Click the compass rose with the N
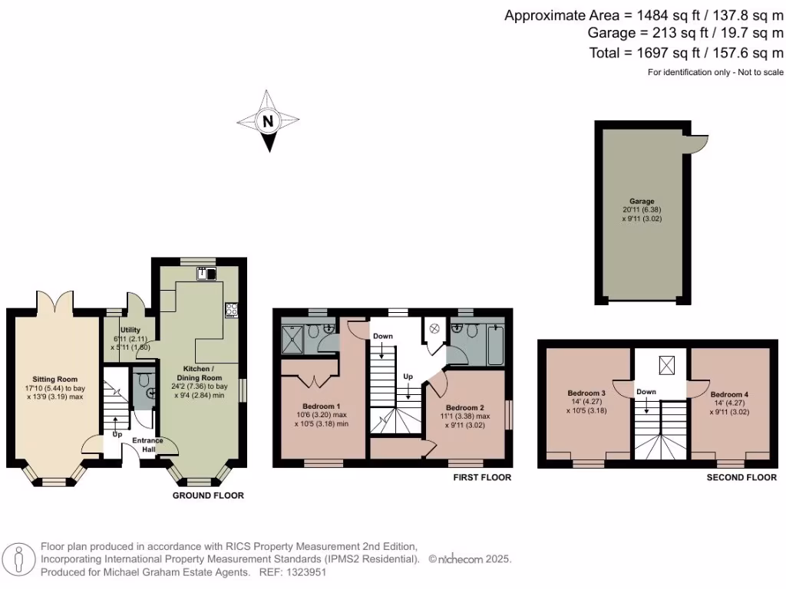click(x=267, y=121)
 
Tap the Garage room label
click(x=642, y=201)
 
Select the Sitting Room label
click(x=54, y=379)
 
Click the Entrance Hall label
click(x=147, y=444)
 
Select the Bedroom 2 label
click(x=464, y=407)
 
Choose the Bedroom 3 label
click(x=587, y=393)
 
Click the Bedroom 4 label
click(x=729, y=393)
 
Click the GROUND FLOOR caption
click(x=208, y=495)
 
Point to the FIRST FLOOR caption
click(x=482, y=477)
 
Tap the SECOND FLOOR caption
click(x=741, y=477)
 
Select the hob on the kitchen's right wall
click(x=230, y=310)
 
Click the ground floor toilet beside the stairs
click(x=142, y=381)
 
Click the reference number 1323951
click(x=307, y=572)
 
